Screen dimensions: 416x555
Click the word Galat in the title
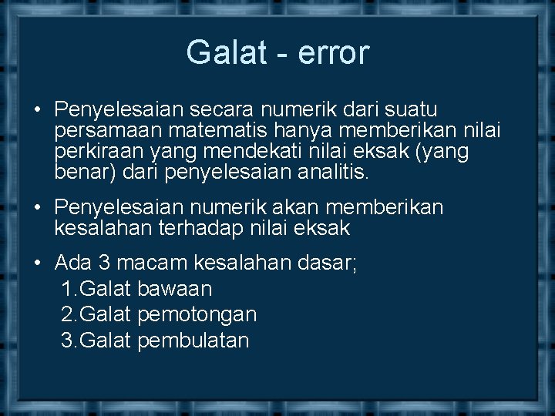pyautogui.click(x=218, y=52)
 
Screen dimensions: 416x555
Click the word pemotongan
pyautogui.click(x=197, y=314)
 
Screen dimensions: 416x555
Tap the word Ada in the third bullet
pyautogui.click(x=73, y=263)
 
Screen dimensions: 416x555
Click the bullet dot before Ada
pyautogui.click(x=38, y=263)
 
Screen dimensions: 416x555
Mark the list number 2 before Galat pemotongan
pyautogui.click(x=66, y=314)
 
